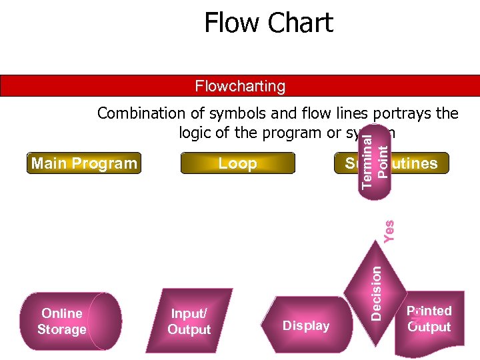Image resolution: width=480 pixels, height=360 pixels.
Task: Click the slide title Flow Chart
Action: click(268, 23)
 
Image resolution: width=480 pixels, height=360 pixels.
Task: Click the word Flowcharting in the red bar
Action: click(240, 86)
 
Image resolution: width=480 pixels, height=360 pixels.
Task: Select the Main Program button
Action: click(84, 163)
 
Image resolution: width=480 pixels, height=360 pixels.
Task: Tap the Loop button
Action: click(237, 163)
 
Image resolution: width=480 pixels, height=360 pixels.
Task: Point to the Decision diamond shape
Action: click(376, 292)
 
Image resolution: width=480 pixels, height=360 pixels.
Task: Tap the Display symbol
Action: click(306, 325)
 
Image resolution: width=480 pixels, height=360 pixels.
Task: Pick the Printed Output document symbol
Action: click(429, 320)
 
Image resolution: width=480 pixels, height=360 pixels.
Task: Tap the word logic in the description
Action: click(197, 133)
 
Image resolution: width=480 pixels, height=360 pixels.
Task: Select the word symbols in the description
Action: click(238, 113)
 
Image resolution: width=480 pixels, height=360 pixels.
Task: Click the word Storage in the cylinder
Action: click(61, 329)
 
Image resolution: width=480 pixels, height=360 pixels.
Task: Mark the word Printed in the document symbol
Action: click(429, 311)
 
